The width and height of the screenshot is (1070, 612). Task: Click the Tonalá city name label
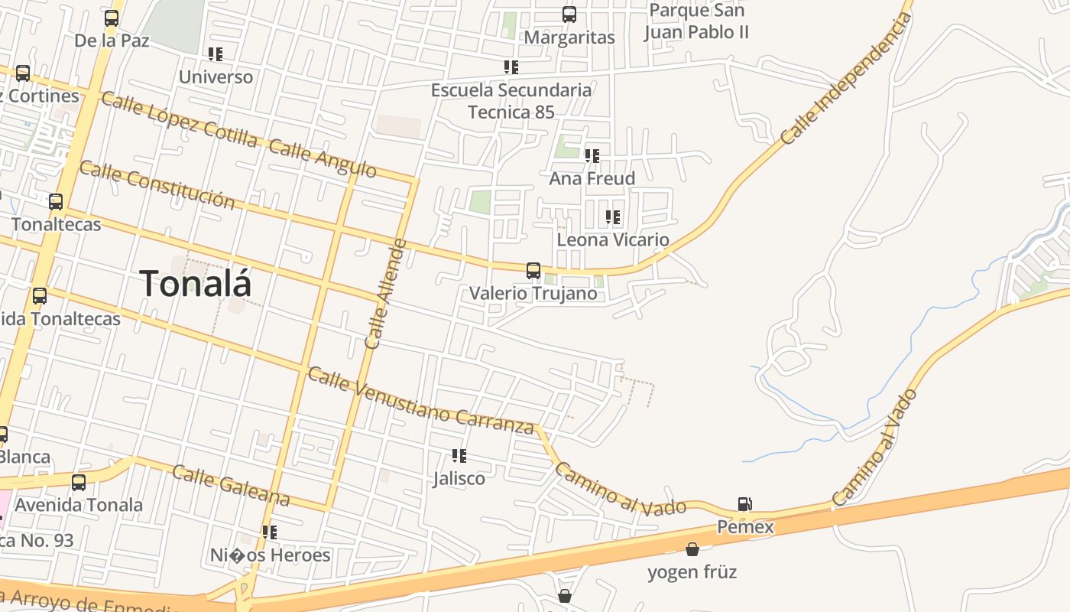[x=196, y=284]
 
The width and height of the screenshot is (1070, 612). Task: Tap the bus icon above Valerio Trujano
[x=533, y=271]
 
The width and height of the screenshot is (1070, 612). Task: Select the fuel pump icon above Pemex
[x=745, y=503]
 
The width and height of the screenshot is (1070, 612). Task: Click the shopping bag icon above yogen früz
[x=692, y=549]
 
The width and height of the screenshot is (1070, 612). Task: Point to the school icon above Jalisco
[x=459, y=456]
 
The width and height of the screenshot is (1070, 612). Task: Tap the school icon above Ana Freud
[x=592, y=156]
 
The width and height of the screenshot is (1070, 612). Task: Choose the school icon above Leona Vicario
[x=612, y=217]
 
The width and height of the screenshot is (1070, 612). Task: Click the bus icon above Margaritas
[x=569, y=15]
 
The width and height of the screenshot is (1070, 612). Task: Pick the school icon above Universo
[x=216, y=54]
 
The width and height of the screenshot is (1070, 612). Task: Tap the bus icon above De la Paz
[x=112, y=18]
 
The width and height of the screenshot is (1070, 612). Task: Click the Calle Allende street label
[x=385, y=294]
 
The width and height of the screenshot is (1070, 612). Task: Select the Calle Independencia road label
[x=846, y=79]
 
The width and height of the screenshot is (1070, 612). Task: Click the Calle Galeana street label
[x=230, y=485]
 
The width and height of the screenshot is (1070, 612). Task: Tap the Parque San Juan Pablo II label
[x=695, y=21]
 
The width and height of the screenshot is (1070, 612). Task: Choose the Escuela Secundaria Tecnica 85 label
[x=511, y=101]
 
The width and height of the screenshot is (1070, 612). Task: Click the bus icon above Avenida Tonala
[x=79, y=482]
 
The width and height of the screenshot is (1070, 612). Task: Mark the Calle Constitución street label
[x=157, y=184]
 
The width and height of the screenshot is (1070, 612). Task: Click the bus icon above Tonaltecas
[x=56, y=202]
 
